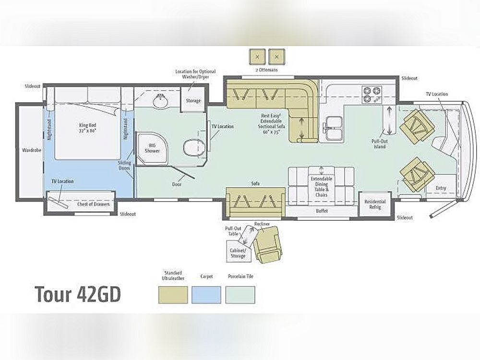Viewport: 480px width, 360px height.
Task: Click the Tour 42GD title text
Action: click(x=78, y=294)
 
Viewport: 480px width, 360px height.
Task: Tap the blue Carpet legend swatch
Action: click(x=206, y=295)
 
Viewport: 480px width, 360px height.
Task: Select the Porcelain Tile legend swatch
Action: click(x=240, y=295)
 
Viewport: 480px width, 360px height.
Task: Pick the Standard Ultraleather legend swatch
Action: click(x=173, y=295)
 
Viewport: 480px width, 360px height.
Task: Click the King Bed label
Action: click(x=87, y=128)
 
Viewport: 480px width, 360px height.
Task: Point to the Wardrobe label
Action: click(x=32, y=150)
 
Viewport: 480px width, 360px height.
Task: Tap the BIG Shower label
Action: click(x=153, y=148)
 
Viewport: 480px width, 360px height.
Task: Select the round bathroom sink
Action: click(x=160, y=101)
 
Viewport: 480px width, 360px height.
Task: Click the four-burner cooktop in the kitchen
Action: click(x=372, y=95)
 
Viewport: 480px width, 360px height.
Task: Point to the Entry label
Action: click(x=441, y=188)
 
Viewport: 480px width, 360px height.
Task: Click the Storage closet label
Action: click(x=193, y=101)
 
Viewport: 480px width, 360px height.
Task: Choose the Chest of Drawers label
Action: click(x=94, y=204)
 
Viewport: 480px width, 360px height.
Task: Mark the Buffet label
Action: click(x=322, y=211)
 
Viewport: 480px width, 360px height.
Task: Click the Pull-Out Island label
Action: click(x=380, y=144)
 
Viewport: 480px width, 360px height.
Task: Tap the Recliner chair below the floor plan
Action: click(x=267, y=244)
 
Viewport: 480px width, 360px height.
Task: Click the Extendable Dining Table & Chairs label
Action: click(x=322, y=187)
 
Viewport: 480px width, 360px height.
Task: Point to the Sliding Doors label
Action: click(x=124, y=165)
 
